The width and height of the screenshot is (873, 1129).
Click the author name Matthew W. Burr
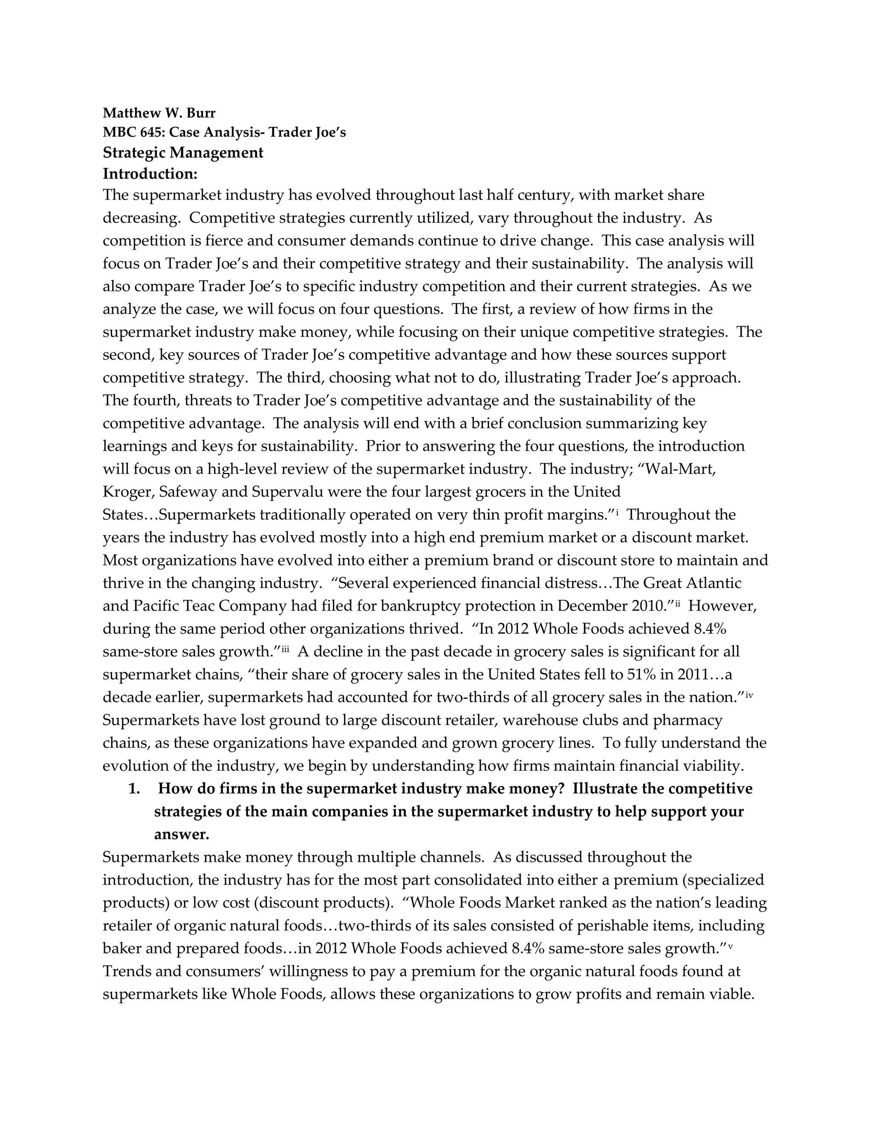[x=159, y=113]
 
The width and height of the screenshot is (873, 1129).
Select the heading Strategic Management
[x=183, y=153]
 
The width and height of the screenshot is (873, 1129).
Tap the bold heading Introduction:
[x=150, y=174]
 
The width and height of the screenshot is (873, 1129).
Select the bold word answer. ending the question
[x=182, y=834]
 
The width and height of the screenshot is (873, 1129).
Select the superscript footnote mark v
[x=730, y=945]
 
